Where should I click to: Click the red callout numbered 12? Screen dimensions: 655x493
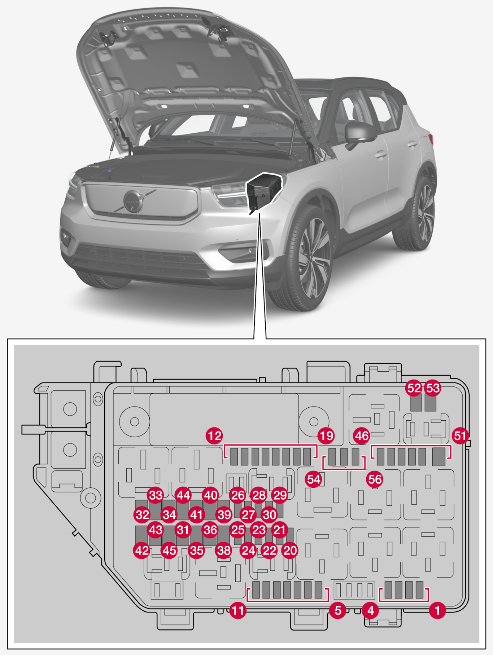214,436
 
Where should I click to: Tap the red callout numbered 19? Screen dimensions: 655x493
326,436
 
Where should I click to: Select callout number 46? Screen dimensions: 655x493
362,436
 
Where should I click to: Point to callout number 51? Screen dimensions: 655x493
460,436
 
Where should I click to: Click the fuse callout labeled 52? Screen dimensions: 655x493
414,388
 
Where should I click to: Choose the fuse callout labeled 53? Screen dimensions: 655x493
433,388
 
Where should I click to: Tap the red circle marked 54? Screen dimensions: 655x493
313,479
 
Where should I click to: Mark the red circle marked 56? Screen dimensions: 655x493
375,479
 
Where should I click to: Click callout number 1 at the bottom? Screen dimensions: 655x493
437,611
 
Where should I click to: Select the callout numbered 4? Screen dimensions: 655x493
370,611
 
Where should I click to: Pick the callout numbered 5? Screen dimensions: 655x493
338,611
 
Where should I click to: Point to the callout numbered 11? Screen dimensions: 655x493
238,611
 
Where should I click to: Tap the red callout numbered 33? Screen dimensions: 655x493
156,495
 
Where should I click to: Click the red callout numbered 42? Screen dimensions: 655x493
142,550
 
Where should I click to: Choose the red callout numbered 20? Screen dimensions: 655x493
290,550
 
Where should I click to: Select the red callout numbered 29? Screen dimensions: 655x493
280,495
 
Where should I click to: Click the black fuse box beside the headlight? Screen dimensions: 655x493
263,191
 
